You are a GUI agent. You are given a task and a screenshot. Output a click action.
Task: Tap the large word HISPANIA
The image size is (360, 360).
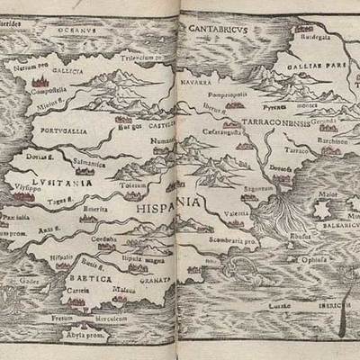point(168,203)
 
